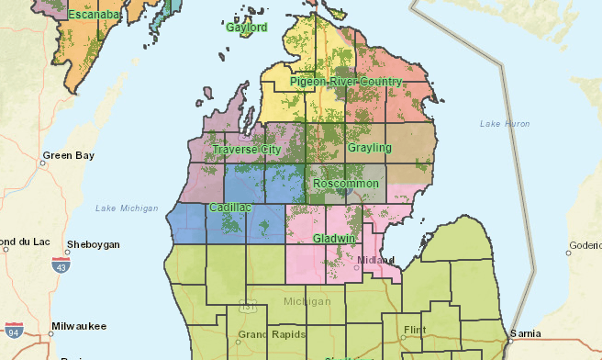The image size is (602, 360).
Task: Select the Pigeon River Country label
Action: pos(346,82)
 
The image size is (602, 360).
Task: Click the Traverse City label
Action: pos(246,149)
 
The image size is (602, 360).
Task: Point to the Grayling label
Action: pos(370,148)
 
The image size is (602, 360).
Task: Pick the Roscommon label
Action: pos(346,184)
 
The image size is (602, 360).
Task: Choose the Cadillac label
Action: pos(229,208)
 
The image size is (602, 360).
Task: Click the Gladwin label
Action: pos(334,238)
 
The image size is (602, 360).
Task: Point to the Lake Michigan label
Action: pos(127,208)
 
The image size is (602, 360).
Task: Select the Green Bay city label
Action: pos(69,156)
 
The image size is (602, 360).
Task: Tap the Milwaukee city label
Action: pos(80,326)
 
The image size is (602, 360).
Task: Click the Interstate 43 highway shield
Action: pos(61,264)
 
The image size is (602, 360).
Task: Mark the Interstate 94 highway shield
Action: pos(13,331)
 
